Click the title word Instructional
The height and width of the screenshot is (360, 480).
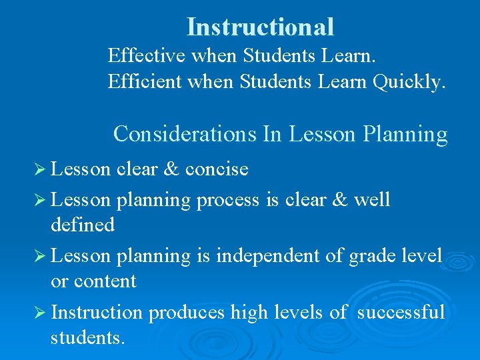[x=260, y=27]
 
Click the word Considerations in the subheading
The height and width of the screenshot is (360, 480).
[x=185, y=134]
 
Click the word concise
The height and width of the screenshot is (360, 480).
[x=217, y=169]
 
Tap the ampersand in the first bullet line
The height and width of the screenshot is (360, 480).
[x=171, y=169]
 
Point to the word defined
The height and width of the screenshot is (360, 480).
[x=83, y=225]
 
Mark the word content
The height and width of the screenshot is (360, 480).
[x=104, y=281]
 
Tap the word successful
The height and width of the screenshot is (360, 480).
[x=401, y=312]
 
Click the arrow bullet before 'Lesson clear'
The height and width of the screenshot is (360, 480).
[x=40, y=169]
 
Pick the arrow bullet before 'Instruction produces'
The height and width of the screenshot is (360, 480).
[x=40, y=312]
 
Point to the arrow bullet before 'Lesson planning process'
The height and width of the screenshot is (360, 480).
[x=40, y=199]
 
